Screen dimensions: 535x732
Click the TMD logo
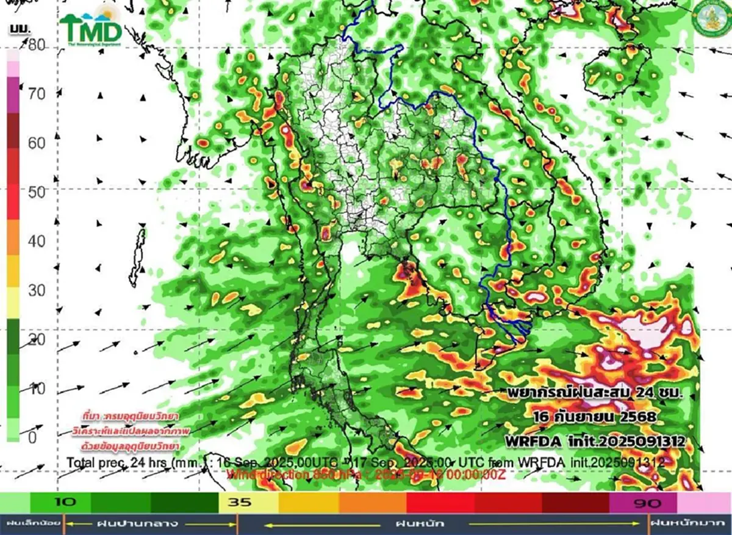click(91, 27)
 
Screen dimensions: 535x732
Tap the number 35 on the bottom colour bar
click(237, 503)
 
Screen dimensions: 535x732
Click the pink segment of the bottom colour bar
click(704, 503)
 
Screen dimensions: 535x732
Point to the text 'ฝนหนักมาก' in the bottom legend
click(690, 523)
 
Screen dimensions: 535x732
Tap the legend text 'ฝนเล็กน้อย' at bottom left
click(30, 523)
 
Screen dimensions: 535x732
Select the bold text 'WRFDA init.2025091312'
click(595, 440)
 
